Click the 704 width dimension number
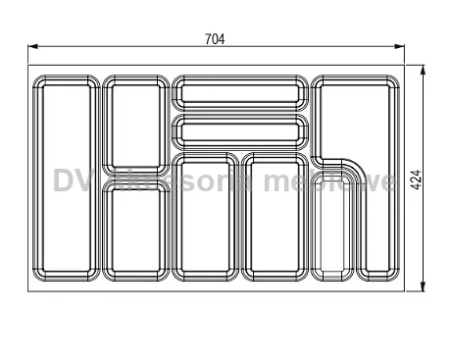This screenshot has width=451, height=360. coord(215,39)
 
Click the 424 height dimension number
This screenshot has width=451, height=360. coord(417,180)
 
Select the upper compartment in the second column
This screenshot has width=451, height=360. coord(135,126)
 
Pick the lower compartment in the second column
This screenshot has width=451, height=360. coord(135,231)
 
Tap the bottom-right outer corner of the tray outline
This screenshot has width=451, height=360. coord(404,291)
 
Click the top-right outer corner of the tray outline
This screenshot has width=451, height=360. coord(404,66)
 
